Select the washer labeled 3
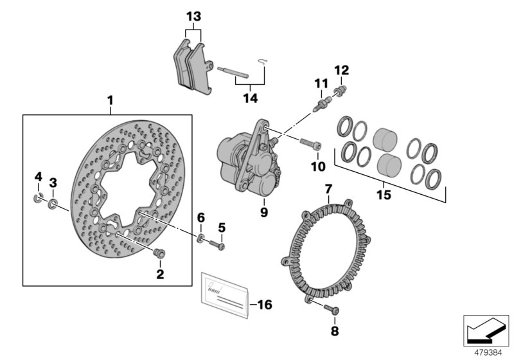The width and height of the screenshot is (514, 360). pyautogui.click(x=53, y=204)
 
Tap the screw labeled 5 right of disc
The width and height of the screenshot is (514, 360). pyautogui.click(x=220, y=245)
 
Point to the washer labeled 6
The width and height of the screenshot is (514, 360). pyautogui.click(x=202, y=240)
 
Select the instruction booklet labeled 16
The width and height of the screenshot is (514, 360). pyautogui.click(x=225, y=295)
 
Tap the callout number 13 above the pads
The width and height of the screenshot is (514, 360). pyautogui.click(x=193, y=16)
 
